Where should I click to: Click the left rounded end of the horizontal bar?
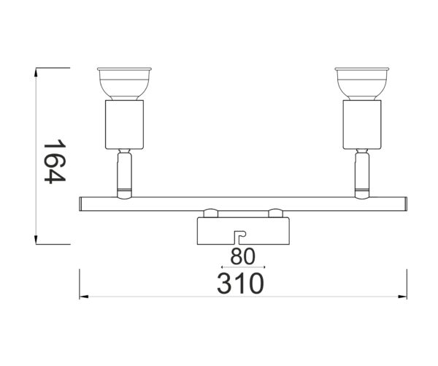[x=80, y=203]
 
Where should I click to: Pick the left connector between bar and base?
[x=210, y=213]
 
